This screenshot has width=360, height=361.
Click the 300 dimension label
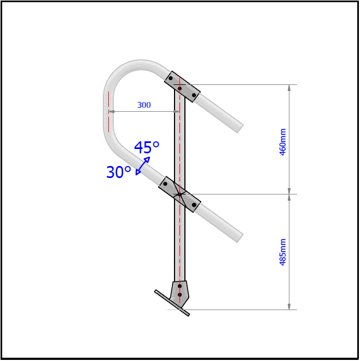144,105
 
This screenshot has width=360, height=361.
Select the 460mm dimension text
283,142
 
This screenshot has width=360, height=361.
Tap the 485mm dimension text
283,252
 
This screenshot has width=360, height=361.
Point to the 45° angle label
147,147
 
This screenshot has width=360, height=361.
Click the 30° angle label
119,173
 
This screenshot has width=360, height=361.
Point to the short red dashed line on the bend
108,112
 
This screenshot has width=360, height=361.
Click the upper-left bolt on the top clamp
171,78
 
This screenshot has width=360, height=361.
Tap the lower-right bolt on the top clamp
194,95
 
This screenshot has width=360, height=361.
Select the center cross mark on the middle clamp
179,194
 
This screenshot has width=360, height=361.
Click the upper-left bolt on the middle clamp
165,184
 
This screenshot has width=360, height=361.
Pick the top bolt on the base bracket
179,285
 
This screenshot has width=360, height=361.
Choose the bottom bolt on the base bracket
179,295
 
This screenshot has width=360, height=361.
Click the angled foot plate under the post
172,303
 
